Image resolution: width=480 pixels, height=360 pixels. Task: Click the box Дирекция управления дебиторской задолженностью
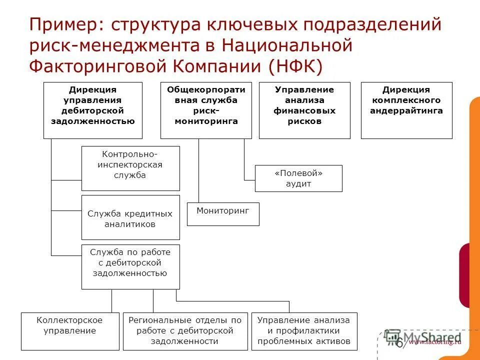coord(93,110)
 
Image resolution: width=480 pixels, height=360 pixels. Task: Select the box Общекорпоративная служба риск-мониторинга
coord(206,110)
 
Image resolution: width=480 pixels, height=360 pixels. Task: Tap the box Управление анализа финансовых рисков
coord(304,110)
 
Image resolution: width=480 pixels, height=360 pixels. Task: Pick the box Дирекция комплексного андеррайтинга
coord(406,110)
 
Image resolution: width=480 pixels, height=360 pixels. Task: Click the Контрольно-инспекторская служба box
coord(130,168)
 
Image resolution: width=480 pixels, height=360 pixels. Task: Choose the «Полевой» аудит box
coord(298,178)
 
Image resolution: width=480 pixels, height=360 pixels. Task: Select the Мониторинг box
coord(223,214)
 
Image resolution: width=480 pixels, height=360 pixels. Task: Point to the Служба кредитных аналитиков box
coord(130,217)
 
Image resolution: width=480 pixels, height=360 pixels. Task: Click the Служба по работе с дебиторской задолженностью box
coord(130,266)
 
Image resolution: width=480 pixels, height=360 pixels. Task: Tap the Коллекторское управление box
coord(70,331)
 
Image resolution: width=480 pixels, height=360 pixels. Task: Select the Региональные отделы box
coord(185,331)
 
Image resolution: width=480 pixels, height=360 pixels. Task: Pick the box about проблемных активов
coord(304,331)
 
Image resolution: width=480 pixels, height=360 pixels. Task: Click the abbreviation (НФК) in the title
coord(295,66)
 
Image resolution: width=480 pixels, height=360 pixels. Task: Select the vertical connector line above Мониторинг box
coord(199,170)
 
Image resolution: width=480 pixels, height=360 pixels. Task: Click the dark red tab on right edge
coord(464,275)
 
